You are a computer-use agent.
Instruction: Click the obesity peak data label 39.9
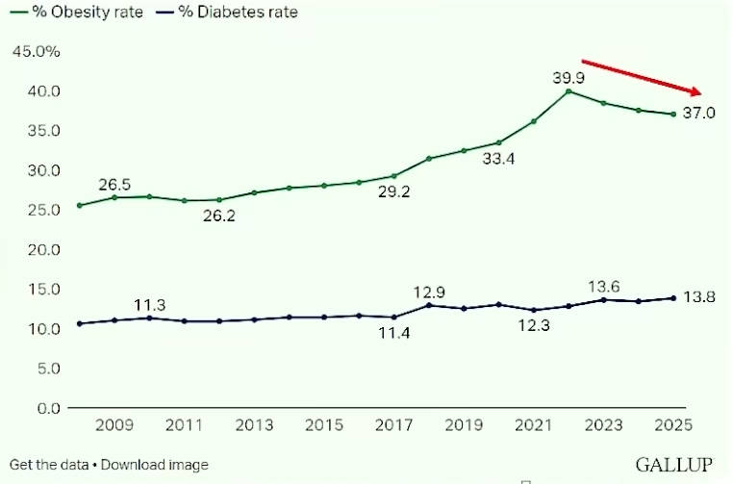pos(569,76)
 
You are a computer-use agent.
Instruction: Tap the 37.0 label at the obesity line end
pos(699,114)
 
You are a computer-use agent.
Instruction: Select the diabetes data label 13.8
pos(699,298)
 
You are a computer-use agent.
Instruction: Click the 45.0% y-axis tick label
pos(36,51)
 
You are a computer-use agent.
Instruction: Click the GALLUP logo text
pos(674,465)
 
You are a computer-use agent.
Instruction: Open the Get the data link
pos(48,465)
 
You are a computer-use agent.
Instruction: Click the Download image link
pos(154,465)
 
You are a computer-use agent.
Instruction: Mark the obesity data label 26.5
pos(114,184)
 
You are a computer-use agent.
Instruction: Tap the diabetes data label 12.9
pos(429,292)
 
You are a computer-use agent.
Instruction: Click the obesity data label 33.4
pos(498,160)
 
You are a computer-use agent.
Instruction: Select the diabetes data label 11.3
pos(150,305)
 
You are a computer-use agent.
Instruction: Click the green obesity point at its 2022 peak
pos(569,91)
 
